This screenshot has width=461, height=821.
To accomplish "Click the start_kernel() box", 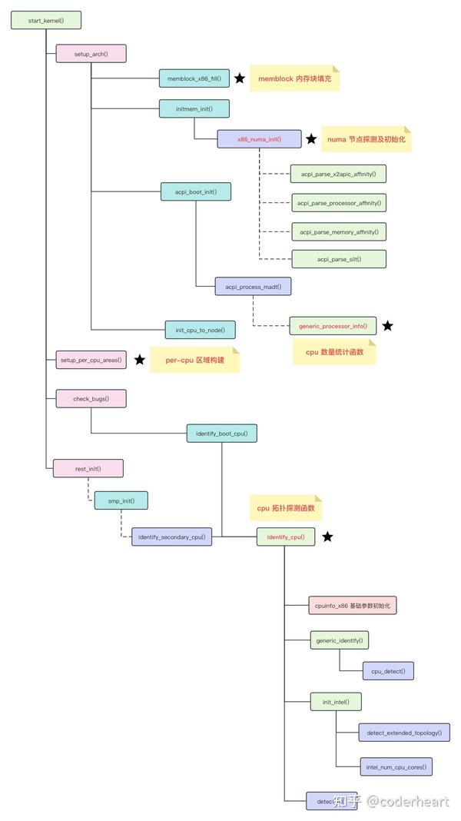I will [x=46, y=21].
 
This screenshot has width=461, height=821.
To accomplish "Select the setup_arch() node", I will [x=91, y=53].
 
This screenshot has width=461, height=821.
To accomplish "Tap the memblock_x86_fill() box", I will [x=194, y=78].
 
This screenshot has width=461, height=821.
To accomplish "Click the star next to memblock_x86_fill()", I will [x=240, y=78].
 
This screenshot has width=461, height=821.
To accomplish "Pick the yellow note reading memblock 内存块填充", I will [x=294, y=78].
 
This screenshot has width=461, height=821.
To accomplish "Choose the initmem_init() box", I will [x=194, y=108].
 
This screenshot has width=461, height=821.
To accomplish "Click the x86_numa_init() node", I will [x=259, y=139].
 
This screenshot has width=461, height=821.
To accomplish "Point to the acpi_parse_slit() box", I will [x=339, y=259].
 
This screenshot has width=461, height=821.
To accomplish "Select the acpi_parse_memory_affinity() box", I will [x=339, y=231].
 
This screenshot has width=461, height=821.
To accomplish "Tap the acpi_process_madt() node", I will [x=253, y=287].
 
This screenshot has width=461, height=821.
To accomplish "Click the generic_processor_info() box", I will [x=333, y=326].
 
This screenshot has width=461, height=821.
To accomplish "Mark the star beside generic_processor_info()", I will [x=387, y=326].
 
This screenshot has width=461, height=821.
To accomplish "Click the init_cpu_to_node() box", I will [x=200, y=331].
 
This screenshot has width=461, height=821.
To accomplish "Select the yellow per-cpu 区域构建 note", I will [x=194, y=360].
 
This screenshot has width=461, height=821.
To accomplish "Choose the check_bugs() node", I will [x=91, y=398].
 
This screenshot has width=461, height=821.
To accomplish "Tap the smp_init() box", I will [x=121, y=501].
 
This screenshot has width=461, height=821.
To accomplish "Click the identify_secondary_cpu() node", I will [x=171, y=537].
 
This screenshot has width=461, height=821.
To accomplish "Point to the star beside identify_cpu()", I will [x=327, y=537].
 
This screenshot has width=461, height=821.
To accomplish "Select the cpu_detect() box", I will [x=388, y=670].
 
